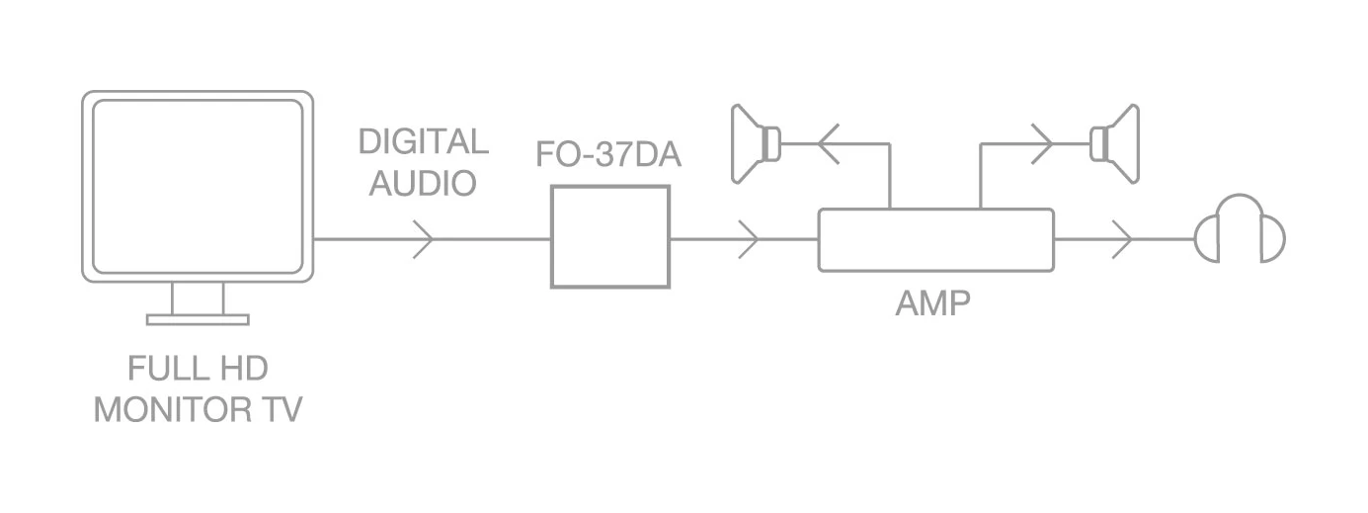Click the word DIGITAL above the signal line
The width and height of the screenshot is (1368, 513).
click(423, 141)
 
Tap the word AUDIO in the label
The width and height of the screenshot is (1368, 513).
click(423, 183)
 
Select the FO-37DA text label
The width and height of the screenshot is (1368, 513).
click(608, 155)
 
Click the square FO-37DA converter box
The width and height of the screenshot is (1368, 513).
click(610, 237)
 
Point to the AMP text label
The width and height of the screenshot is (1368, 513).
click(932, 303)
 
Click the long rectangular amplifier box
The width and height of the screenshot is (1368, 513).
click(935, 239)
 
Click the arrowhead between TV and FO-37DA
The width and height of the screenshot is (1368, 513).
click(423, 239)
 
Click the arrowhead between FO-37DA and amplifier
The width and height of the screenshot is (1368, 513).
click(748, 239)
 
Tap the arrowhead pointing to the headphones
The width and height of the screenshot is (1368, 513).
click(1121, 239)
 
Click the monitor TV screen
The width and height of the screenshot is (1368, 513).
click(198, 185)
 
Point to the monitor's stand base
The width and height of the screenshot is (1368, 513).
click(198, 319)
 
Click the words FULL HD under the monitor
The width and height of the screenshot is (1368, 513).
click(198, 370)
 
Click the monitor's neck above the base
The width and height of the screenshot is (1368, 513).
click(198, 298)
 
